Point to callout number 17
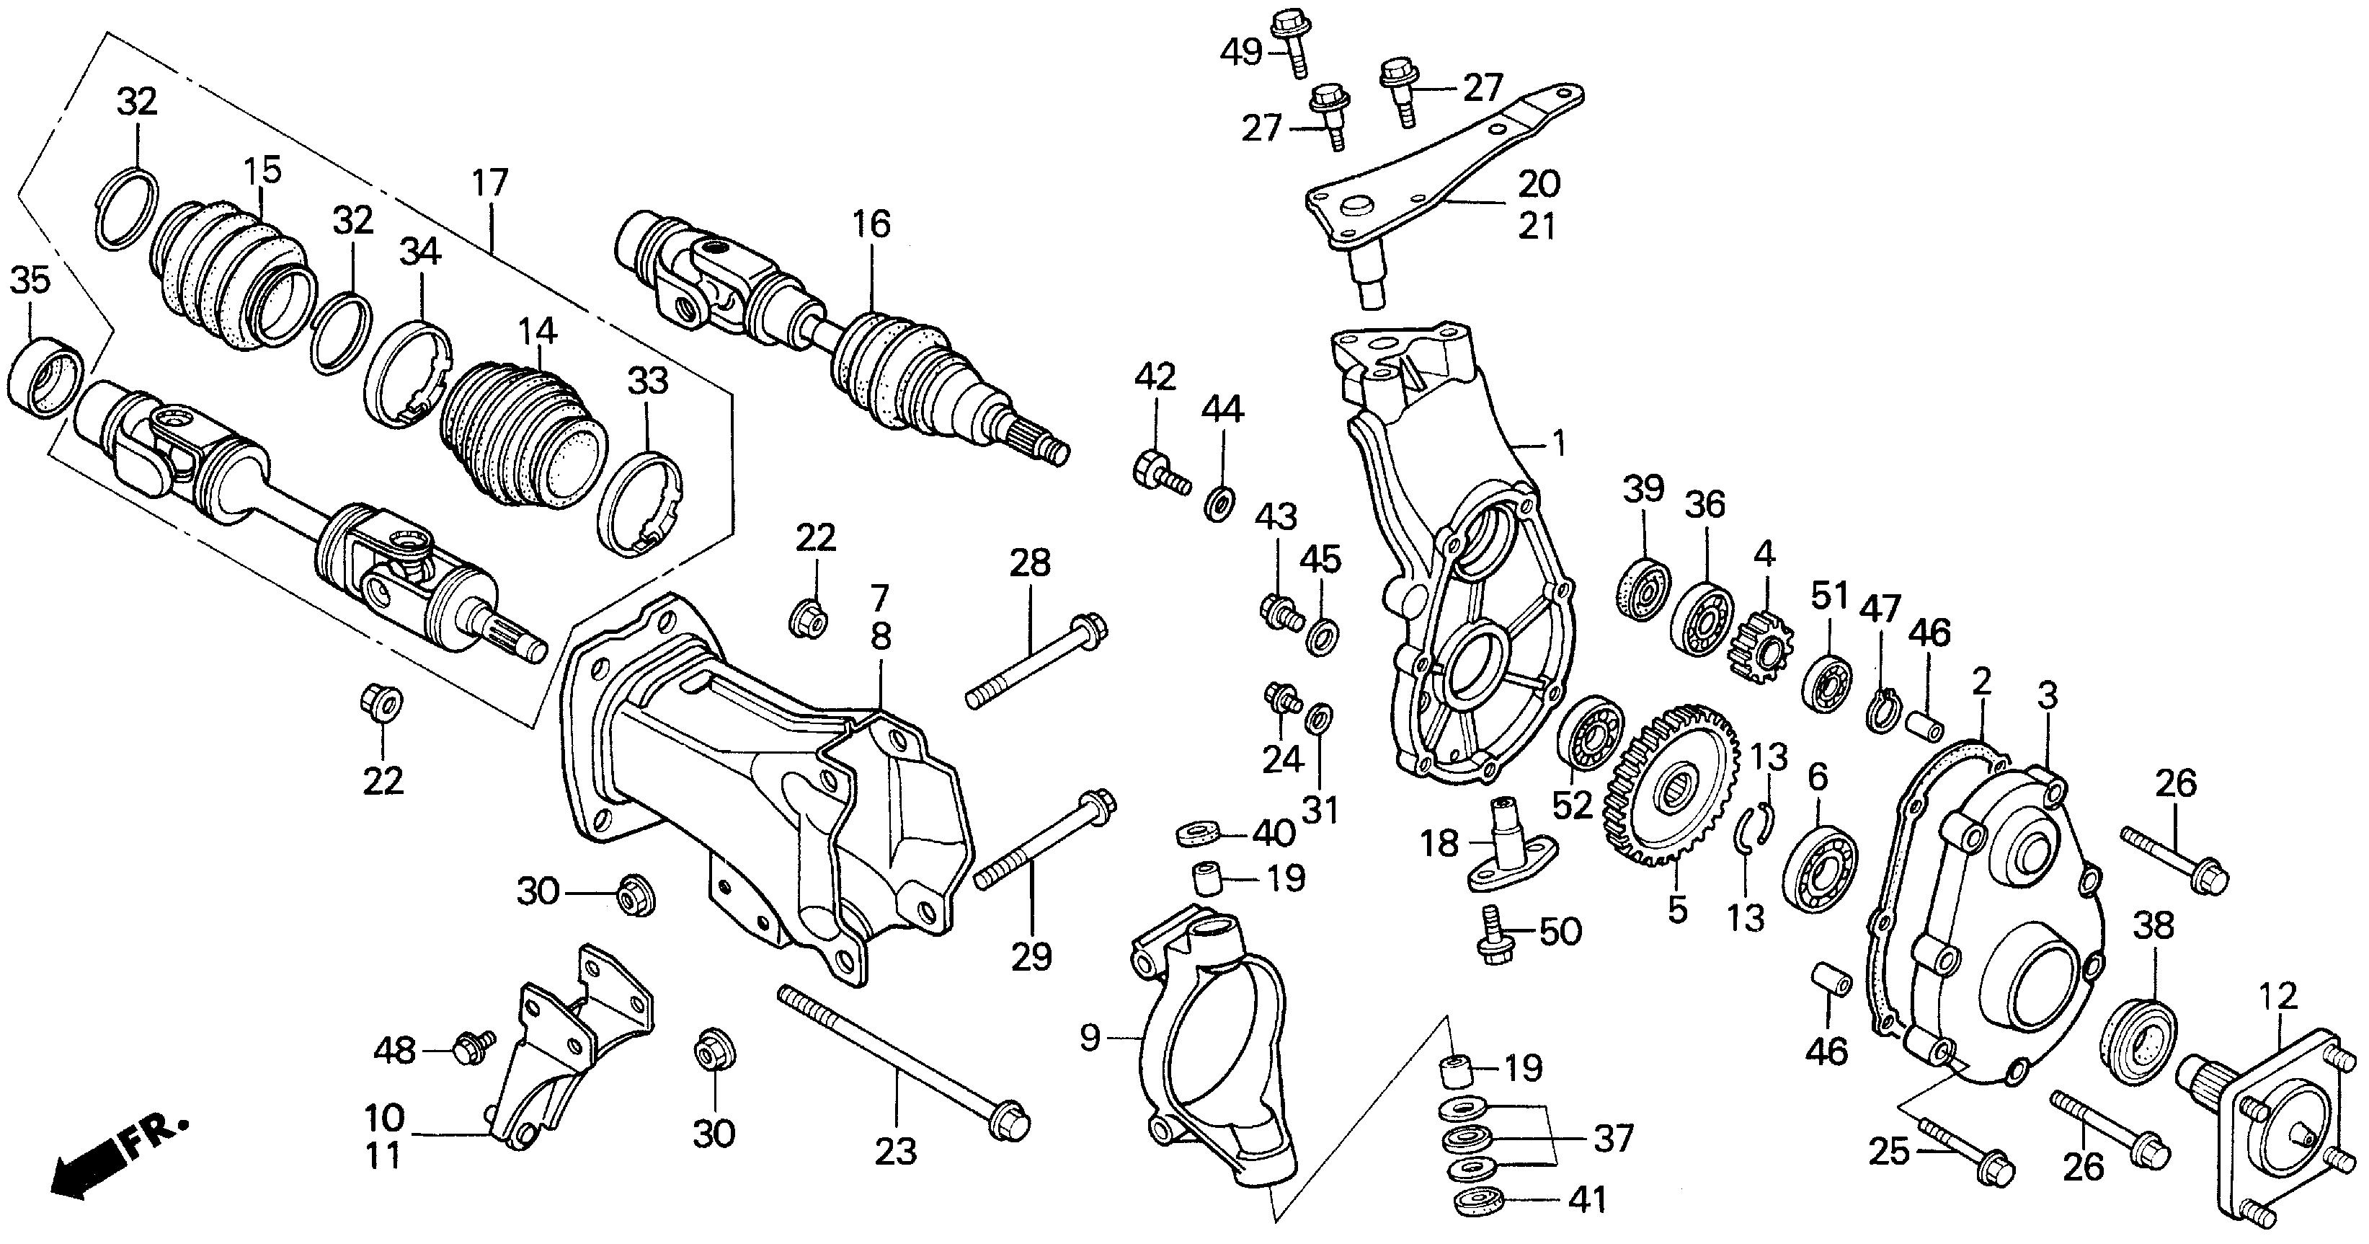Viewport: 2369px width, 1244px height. pyautogui.click(x=490, y=183)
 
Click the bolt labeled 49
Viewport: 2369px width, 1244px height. pyautogui.click(x=1292, y=37)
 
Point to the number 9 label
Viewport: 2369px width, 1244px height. pyautogui.click(x=1089, y=1038)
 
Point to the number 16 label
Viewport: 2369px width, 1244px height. pyautogui.click(x=870, y=224)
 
